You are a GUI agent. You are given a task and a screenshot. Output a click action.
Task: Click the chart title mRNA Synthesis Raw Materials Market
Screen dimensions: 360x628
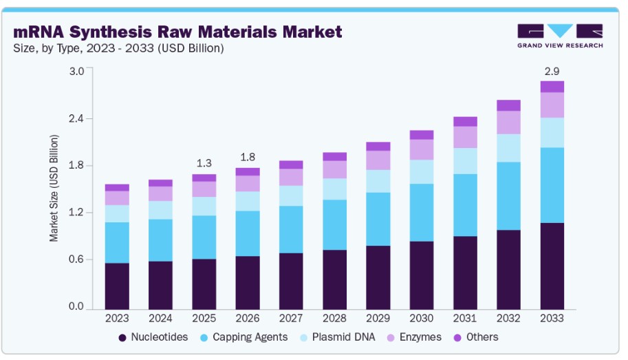click(177, 32)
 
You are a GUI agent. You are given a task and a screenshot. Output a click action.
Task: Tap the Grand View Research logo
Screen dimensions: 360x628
click(560, 35)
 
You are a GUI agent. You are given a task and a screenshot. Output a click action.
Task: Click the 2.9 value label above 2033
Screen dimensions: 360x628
click(552, 71)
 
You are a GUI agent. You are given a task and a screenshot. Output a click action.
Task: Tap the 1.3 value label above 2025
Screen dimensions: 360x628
click(204, 163)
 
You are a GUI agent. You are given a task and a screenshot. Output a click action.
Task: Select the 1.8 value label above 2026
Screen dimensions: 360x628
click(248, 156)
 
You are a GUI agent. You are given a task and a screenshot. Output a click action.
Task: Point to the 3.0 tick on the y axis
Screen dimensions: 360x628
click(76, 71)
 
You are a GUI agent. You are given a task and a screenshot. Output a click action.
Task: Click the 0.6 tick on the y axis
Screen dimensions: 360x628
click(76, 260)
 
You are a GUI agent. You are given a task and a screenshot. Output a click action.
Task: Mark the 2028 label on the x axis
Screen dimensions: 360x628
click(334, 319)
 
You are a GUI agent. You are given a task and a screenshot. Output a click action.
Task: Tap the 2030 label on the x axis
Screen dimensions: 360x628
click(422, 319)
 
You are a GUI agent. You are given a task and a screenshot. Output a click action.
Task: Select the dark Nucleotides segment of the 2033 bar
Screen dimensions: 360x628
click(552, 266)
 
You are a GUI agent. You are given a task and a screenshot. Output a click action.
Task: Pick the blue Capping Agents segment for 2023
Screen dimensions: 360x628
click(117, 242)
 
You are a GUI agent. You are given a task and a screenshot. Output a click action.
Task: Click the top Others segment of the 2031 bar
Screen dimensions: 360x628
click(465, 122)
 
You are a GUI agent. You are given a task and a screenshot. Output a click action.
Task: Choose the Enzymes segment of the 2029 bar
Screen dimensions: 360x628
click(378, 160)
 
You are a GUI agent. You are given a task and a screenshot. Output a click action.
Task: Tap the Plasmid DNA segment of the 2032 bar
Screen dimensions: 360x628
click(508, 148)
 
